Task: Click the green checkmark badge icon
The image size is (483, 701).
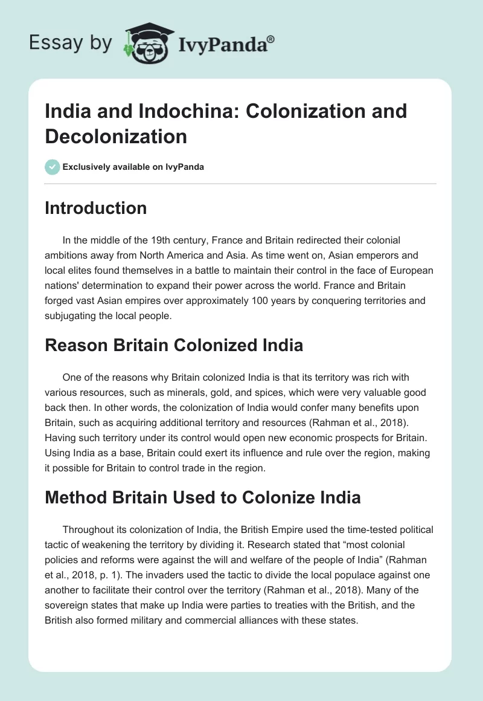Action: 53,167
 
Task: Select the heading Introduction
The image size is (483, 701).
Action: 96,208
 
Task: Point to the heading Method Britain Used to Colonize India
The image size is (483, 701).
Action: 202,497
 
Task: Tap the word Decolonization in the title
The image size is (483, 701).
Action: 116,136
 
